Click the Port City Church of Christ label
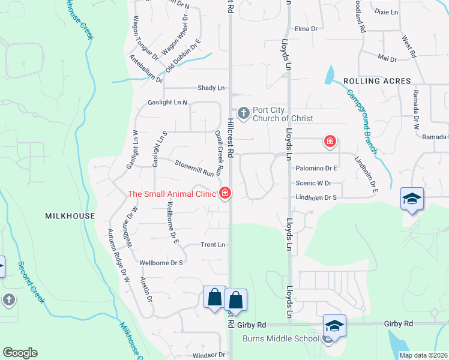tap(283, 114)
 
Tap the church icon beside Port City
tap(244, 112)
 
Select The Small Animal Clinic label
tap(172, 194)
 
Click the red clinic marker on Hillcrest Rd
tap(225, 193)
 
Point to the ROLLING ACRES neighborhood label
tap(377, 81)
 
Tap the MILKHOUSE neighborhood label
tap(70, 216)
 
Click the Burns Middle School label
tap(280, 338)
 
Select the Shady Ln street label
tap(211, 88)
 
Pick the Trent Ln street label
tap(212, 245)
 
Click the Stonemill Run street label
tap(194, 167)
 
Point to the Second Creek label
tap(31, 282)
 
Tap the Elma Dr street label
tap(306, 28)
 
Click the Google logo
tap(20, 353)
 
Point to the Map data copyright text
tap(423, 355)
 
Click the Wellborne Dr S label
tap(161, 263)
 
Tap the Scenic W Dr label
tap(313, 183)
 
